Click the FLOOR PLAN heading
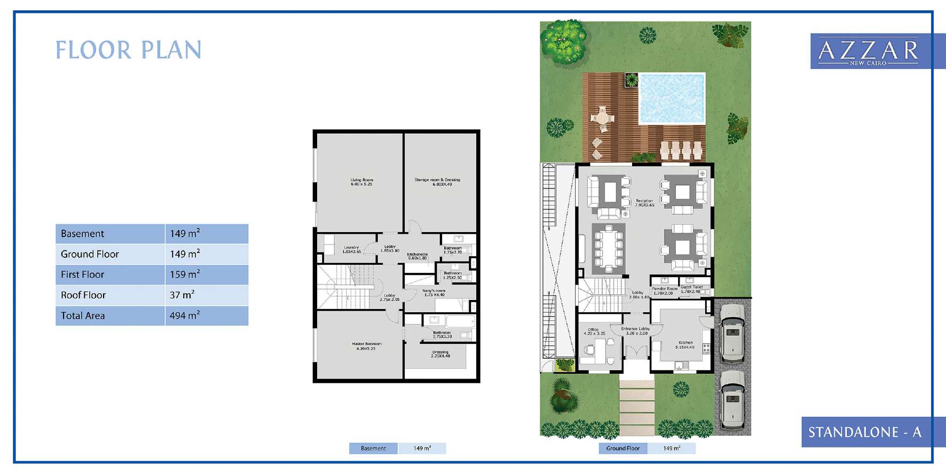coord(129,50)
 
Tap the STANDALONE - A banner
coord(864,432)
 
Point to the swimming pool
coord(672,99)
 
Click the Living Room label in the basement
coord(361,182)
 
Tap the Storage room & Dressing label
coord(437,182)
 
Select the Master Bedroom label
coord(366,346)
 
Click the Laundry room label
coord(351,249)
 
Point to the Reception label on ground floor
coord(644,203)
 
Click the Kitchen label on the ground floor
coord(685,345)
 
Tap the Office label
coord(594,332)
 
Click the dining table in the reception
coord(608,248)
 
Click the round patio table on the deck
coord(602,117)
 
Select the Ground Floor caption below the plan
coord(622,448)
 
